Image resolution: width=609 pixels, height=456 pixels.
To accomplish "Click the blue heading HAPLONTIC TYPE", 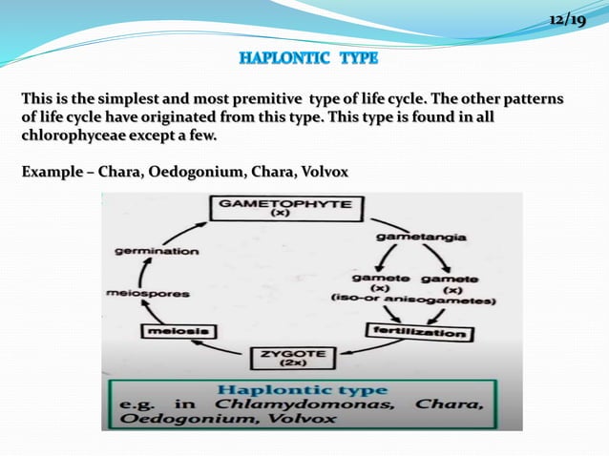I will click(308, 59).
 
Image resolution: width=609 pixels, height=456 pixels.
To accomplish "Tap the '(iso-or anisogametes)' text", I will click(412, 300).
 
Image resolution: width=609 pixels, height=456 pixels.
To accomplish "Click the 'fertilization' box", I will click(419, 334).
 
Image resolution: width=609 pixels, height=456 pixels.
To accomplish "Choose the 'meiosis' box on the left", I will click(178, 331).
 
